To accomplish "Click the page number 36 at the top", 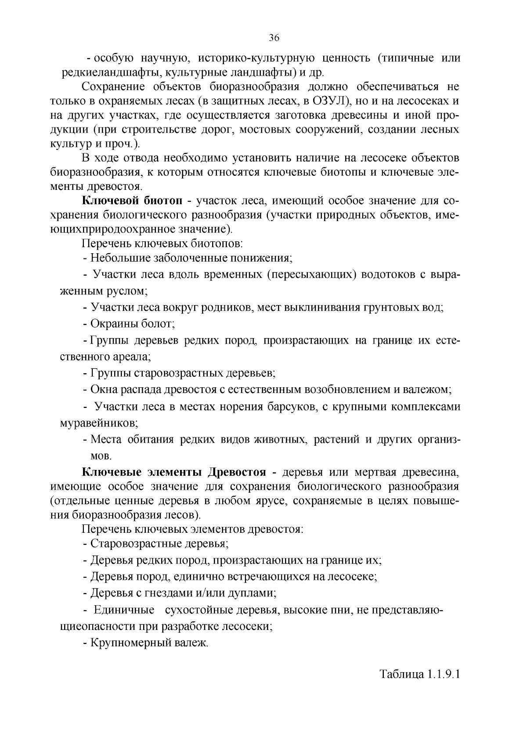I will point(274,38).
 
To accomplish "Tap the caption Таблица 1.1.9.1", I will point(419,674).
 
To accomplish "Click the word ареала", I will point(130,357).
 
